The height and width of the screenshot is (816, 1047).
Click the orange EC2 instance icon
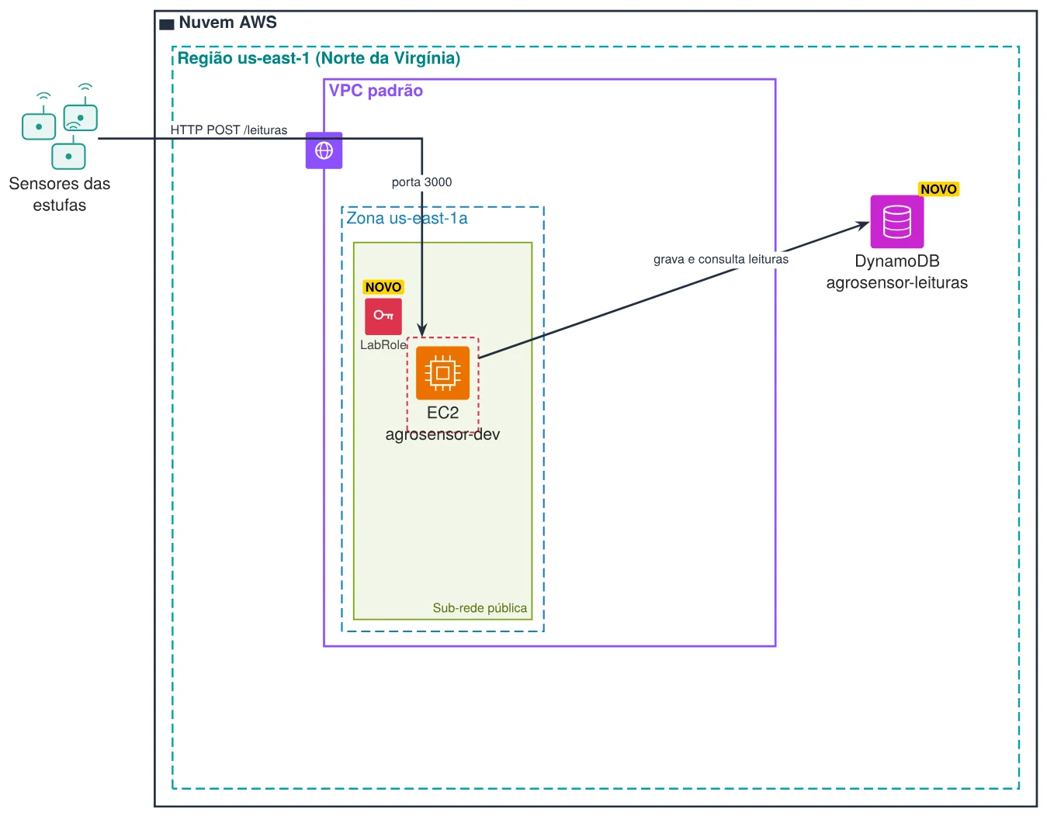coord(442,372)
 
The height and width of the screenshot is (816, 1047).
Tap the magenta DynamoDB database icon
coord(896,221)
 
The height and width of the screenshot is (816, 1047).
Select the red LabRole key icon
coord(383,316)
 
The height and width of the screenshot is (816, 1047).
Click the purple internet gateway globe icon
coord(324,150)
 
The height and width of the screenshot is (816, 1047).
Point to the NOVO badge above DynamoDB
coord(938,188)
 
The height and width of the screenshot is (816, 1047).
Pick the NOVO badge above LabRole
coord(383,286)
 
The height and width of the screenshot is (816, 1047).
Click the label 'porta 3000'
coord(421,182)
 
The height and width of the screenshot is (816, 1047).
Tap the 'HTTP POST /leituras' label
coord(228,130)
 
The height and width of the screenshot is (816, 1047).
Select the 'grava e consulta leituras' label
coord(719,259)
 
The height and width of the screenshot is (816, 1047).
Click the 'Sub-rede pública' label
coord(479,607)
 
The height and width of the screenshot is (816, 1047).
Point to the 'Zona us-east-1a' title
coord(406,218)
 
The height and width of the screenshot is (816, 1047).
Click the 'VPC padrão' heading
coord(376,91)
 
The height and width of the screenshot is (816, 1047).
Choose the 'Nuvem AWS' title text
coord(227,22)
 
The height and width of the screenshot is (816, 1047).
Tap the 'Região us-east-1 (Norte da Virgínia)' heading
coord(318,58)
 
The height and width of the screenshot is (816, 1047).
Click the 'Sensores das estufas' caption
coord(59,194)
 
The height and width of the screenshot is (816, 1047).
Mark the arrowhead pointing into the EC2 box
coord(421,330)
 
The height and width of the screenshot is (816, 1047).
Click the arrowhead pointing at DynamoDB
coord(862,224)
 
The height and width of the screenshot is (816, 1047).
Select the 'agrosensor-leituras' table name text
coord(896,282)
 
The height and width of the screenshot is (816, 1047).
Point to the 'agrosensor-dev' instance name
coord(442,434)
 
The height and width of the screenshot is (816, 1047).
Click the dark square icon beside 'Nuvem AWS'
coord(166,25)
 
